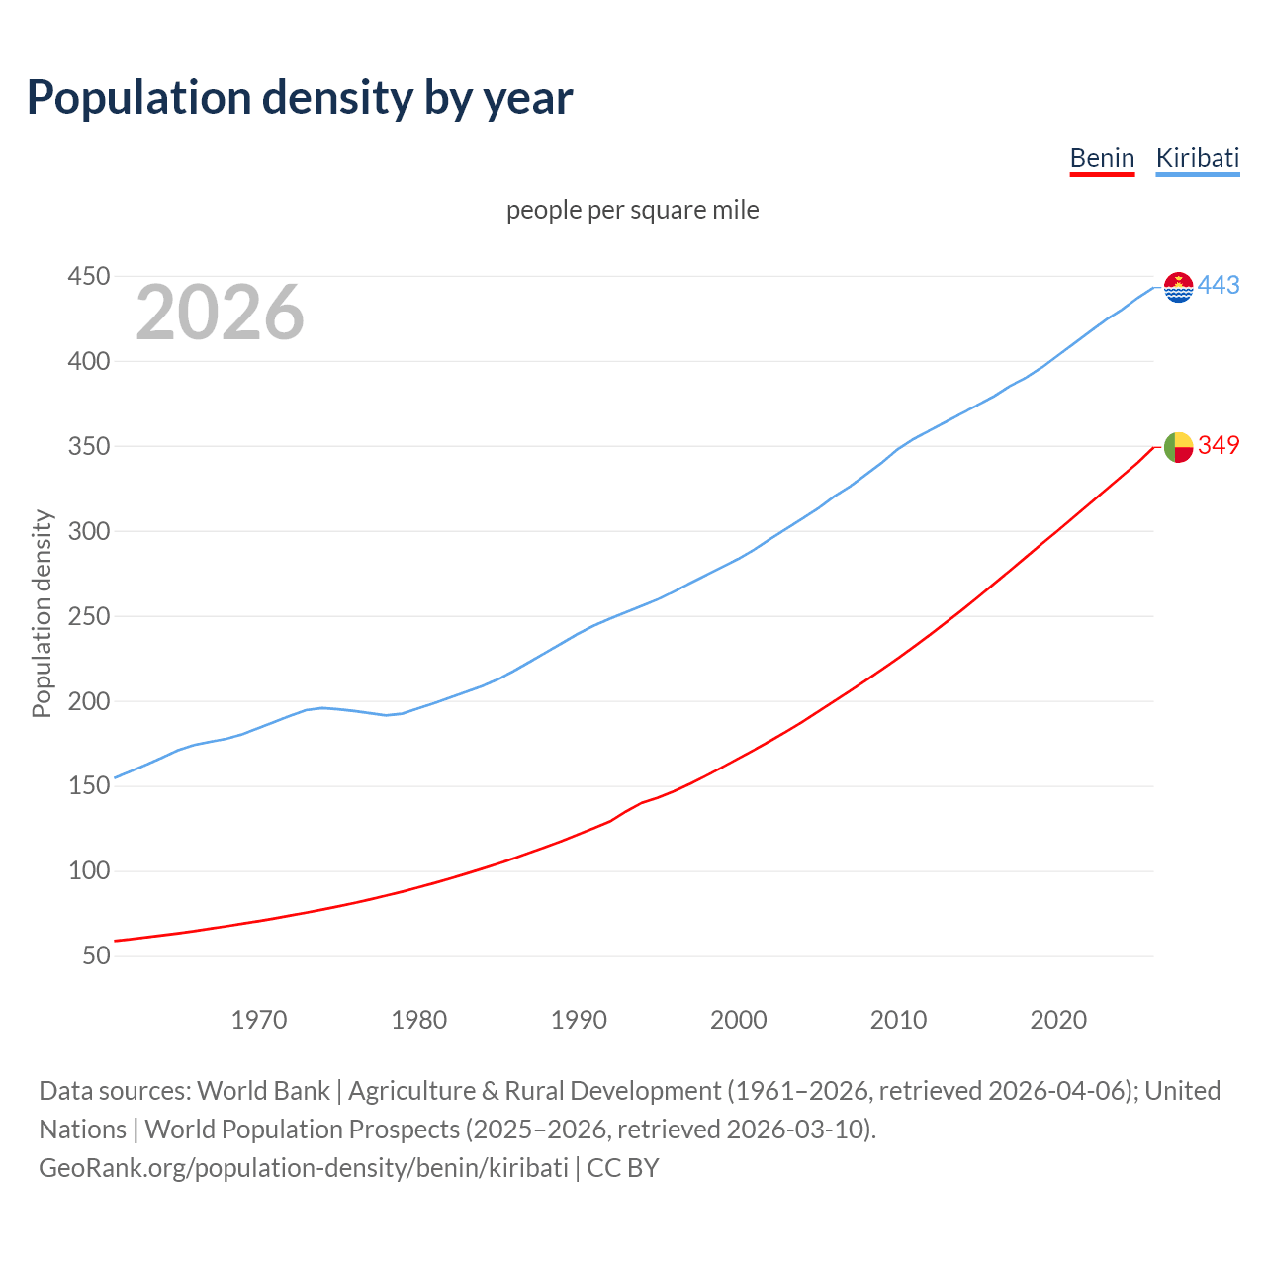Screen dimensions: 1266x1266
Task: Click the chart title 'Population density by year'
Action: point(300,98)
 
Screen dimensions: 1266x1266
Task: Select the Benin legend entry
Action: point(1102,158)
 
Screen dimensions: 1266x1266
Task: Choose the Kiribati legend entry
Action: point(1197,158)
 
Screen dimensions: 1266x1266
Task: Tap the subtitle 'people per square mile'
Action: point(632,211)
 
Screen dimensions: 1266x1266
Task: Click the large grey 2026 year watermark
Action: point(220,313)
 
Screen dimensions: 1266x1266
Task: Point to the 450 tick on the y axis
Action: point(88,277)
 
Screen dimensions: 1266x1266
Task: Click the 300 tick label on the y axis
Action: point(88,532)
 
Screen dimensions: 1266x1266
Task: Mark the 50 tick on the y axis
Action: point(96,956)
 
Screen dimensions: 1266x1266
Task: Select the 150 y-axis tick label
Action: point(88,786)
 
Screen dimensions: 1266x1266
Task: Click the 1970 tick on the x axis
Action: point(259,1020)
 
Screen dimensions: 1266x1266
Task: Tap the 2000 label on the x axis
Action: point(738,1020)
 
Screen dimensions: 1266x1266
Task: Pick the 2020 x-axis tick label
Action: point(1058,1020)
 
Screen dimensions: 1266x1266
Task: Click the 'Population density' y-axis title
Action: point(42,613)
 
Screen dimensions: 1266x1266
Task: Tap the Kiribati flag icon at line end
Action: point(1178,287)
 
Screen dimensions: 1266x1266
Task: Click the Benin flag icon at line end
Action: point(1178,446)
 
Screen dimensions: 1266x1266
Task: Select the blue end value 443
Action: point(1219,286)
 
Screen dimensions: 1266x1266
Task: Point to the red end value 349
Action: point(1219,446)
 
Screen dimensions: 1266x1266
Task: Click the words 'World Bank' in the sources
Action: point(263,1091)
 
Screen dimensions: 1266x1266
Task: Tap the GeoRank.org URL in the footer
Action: point(303,1168)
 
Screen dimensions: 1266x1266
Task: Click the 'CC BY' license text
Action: point(623,1168)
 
